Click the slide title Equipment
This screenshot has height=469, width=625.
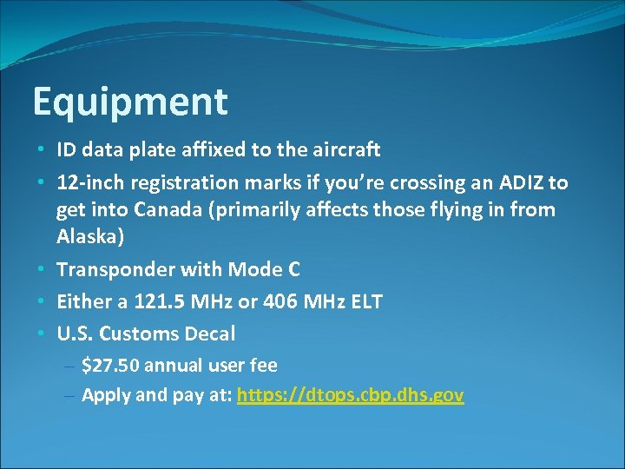(x=129, y=102)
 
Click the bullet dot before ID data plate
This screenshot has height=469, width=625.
(x=42, y=150)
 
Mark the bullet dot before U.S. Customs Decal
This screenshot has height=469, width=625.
(x=42, y=334)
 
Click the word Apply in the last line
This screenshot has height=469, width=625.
(x=105, y=396)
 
